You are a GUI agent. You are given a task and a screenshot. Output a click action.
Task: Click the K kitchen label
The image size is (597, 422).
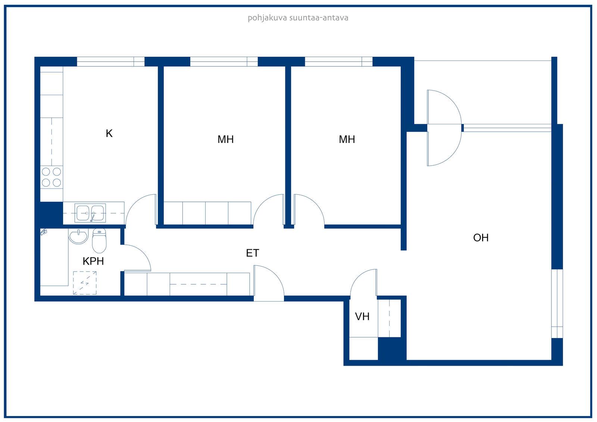(109, 133)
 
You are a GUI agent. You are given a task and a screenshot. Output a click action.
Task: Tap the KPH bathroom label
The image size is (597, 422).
(93, 261)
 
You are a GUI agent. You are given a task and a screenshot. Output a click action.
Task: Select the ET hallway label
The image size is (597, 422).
(252, 253)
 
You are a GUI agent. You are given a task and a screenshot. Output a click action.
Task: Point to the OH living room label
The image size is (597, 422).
(481, 238)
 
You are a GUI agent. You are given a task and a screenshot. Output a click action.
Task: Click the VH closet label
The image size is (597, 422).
(362, 316)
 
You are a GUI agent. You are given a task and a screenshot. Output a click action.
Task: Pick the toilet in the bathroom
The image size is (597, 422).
(99, 240)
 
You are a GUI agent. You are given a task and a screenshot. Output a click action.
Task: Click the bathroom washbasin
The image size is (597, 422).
(78, 236)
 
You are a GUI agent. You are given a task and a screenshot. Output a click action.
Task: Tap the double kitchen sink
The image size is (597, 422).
(90, 213)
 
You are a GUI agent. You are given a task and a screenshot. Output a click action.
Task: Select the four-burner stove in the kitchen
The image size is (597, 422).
(51, 177)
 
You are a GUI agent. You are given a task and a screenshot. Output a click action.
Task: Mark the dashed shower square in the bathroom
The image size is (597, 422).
(85, 283)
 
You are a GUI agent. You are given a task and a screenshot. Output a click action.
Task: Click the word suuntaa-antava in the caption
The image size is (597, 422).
(319, 18)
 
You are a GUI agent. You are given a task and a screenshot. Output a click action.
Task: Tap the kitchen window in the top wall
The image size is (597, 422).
(110, 62)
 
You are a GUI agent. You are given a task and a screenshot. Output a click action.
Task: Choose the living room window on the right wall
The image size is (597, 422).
(557, 304)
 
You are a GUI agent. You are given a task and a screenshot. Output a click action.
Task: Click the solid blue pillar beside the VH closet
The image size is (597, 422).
(392, 349)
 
